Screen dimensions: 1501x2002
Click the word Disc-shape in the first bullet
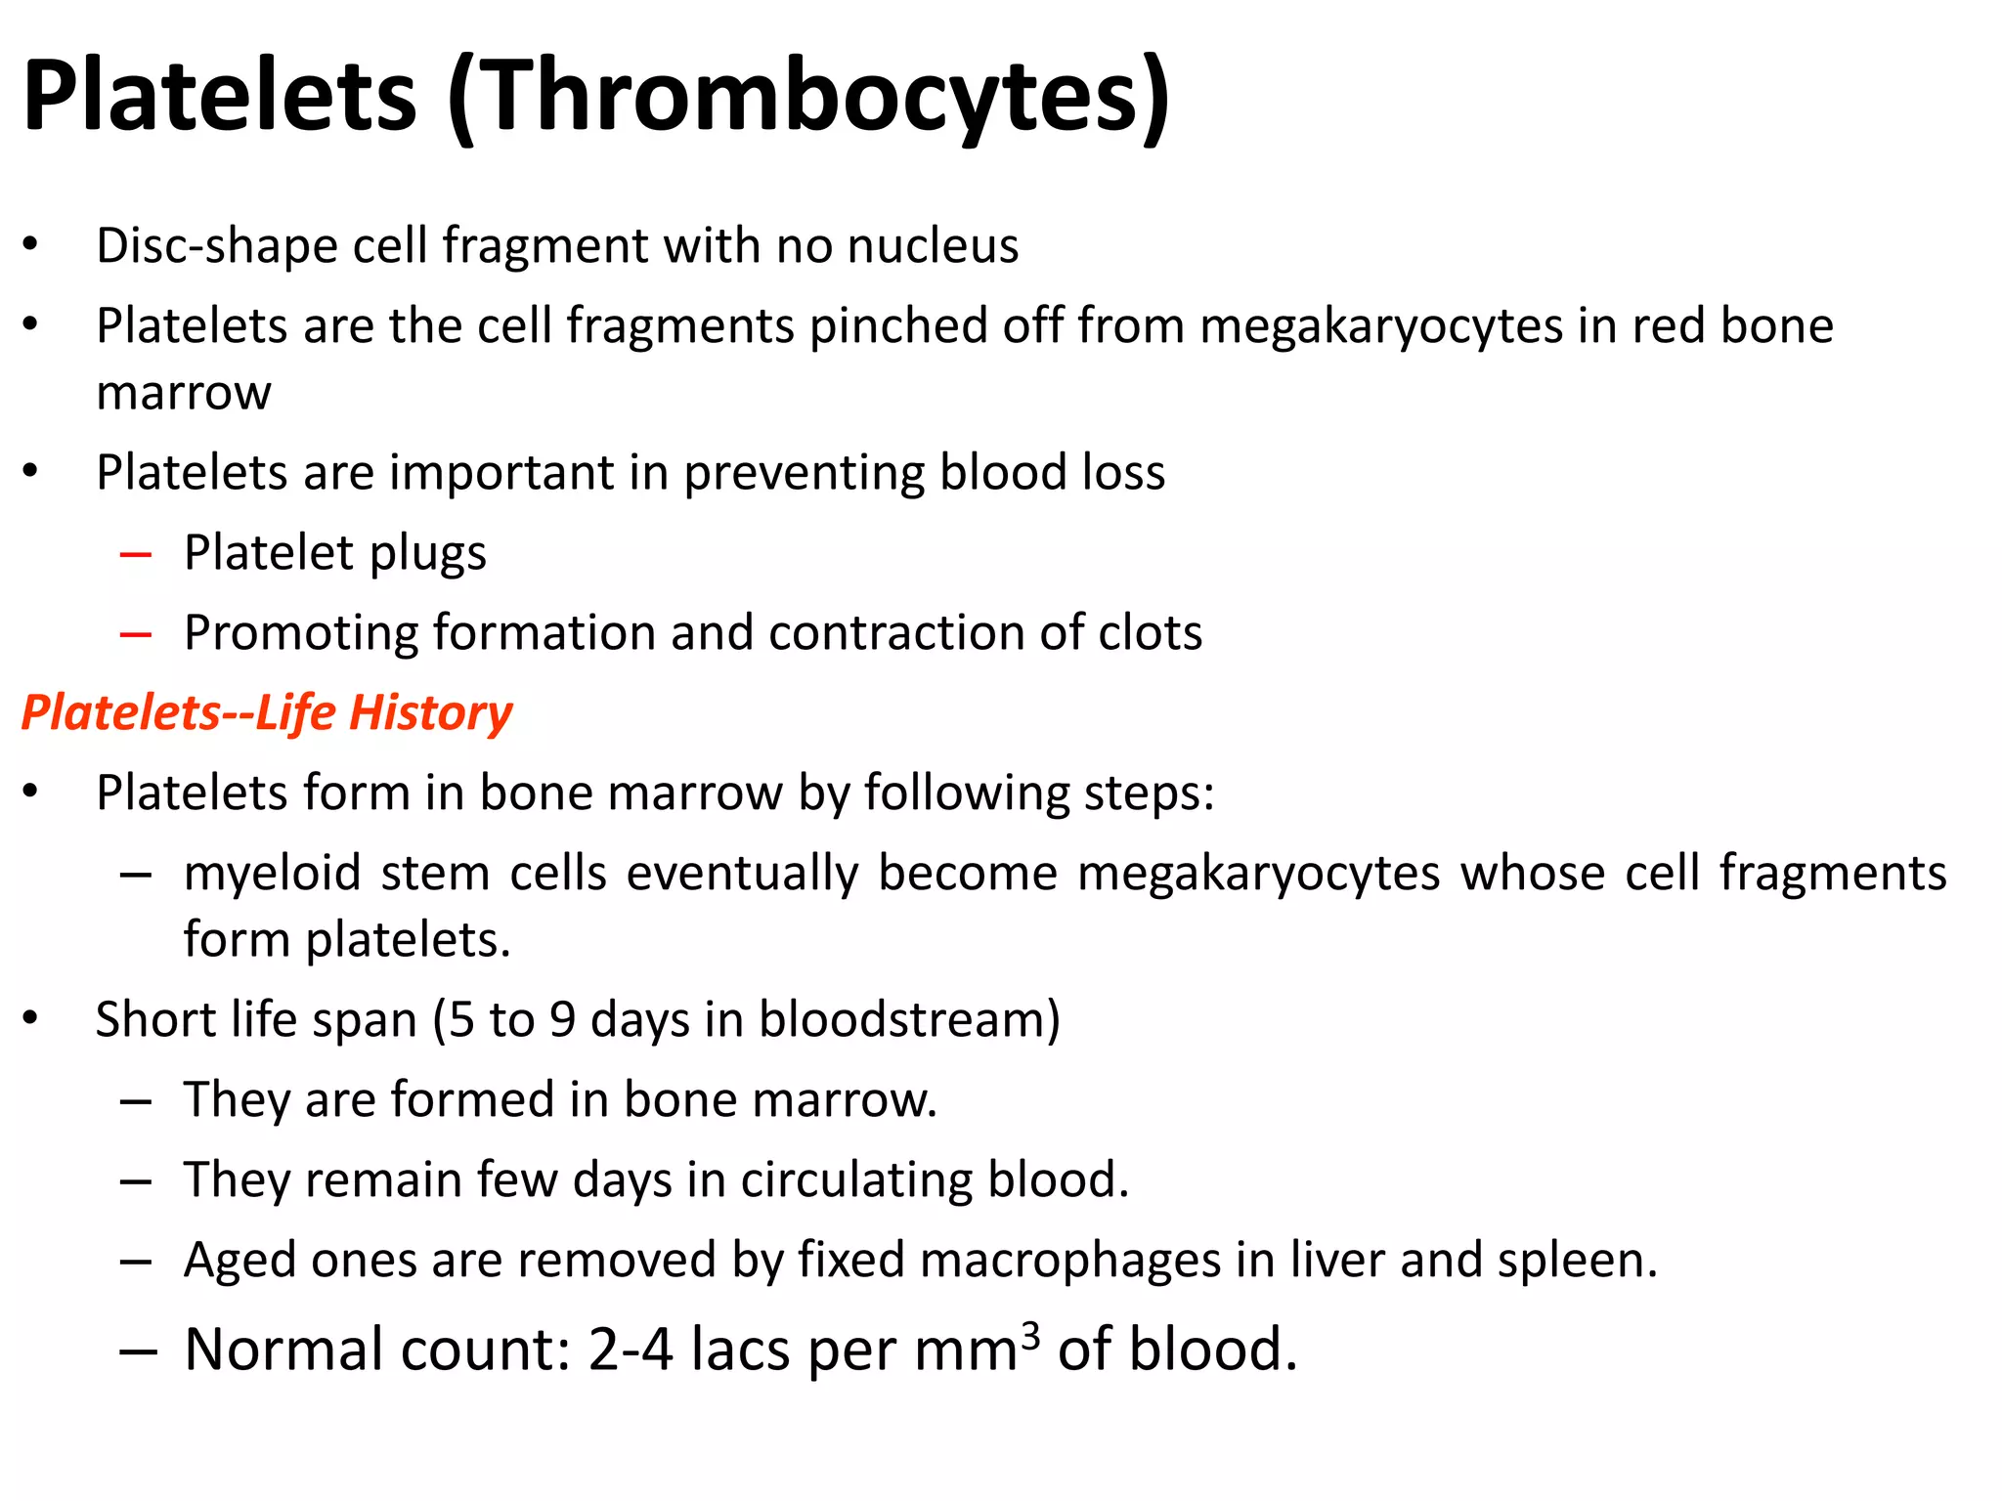(x=215, y=245)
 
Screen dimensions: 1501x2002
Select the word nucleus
(x=934, y=245)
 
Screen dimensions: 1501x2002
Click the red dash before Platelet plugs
(x=136, y=555)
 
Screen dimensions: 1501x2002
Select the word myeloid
(x=273, y=873)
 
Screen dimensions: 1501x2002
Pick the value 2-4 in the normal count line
(x=631, y=1350)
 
